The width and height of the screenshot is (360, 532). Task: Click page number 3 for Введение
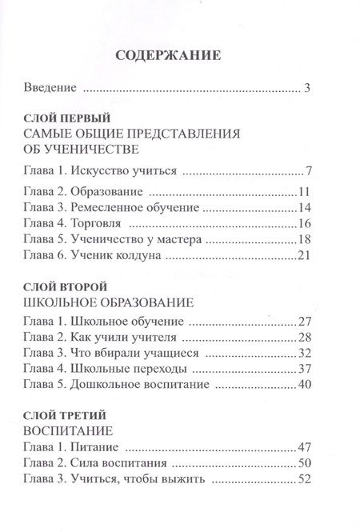click(306, 87)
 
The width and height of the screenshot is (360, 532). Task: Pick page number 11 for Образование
click(302, 193)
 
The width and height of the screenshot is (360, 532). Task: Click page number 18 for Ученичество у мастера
click(302, 238)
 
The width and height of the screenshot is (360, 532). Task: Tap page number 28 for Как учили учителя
click(302, 337)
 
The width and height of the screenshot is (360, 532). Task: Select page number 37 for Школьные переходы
click(302, 369)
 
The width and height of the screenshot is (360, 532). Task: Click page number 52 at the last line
click(302, 480)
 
